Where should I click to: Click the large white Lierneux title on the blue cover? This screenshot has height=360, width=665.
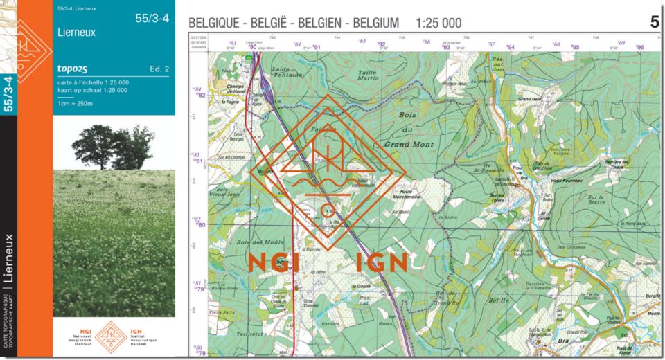point(78,32)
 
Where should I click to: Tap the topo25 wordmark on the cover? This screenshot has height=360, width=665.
point(73,69)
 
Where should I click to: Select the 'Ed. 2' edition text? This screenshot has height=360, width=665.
point(159,69)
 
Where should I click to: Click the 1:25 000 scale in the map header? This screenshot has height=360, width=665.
point(438,23)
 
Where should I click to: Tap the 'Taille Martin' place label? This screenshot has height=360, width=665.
point(368,75)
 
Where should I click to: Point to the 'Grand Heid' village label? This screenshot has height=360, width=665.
point(529,99)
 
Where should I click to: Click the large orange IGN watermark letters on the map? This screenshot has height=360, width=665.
point(382,262)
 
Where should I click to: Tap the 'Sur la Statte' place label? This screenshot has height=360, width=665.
point(596,198)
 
